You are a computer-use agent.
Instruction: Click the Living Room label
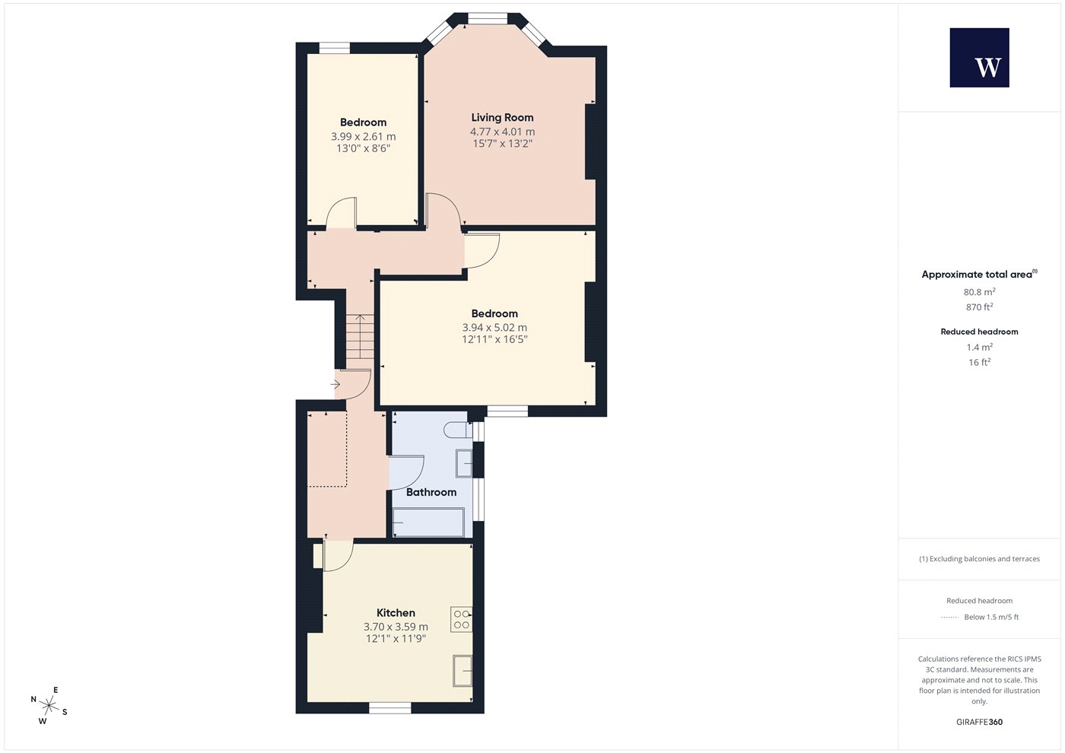pyautogui.click(x=502, y=117)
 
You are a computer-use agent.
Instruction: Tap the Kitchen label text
pyautogui.click(x=396, y=613)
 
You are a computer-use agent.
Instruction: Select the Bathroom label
pyautogui.click(x=431, y=492)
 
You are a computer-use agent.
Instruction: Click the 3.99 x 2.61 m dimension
pyautogui.click(x=364, y=136)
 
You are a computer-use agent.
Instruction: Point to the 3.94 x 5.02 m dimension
pyautogui.click(x=494, y=328)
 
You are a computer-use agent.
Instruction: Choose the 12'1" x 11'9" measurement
pyautogui.click(x=396, y=638)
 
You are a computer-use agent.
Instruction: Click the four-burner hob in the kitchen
pyautogui.click(x=461, y=619)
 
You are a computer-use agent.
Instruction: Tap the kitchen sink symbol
pyautogui.click(x=463, y=671)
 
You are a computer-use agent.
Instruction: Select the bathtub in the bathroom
pyautogui.click(x=428, y=523)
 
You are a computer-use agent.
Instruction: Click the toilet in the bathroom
pyautogui.click(x=458, y=431)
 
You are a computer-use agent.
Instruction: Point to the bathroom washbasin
pyautogui.click(x=464, y=463)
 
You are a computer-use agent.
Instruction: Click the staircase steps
pyautogui.click(x=360, y=337)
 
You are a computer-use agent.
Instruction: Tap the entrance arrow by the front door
pyautogui.click(x=335, y=384)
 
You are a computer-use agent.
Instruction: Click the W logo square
pyautogui.click(x=980, y=58)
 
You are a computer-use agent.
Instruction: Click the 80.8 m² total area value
pyautogui.click(x=980, y=292)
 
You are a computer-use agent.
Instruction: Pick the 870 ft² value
pyautogui.click(x=980, y=307)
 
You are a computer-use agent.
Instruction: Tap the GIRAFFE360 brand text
pyautogui.click(x=980, y=722)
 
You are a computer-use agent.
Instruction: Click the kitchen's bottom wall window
pyautogui.click(x=389, y=708)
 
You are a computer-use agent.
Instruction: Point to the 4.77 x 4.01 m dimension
pyautogui.click(x=502, y=132)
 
